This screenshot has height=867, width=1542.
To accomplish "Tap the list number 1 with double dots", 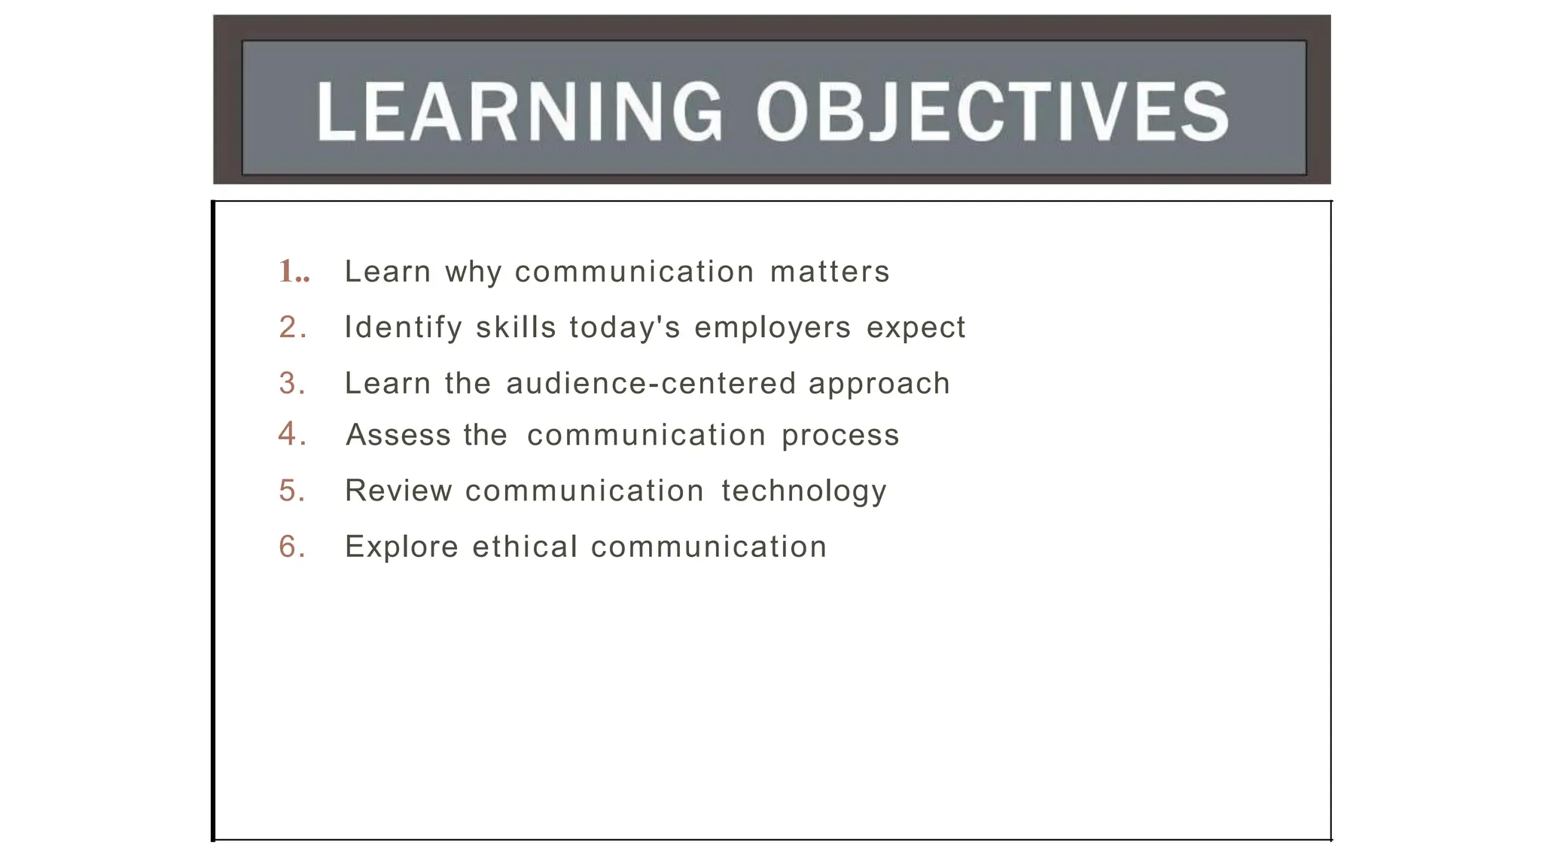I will click(294, 272).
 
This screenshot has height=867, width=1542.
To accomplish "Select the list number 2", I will click(292, 327).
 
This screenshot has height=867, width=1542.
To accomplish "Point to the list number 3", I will click(292, 383).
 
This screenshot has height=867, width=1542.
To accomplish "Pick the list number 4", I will click(292, 434).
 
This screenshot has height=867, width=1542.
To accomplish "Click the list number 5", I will click(292, 491).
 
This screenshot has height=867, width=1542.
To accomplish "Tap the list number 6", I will click(292, 546).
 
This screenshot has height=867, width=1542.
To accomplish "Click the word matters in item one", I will click(830, 272).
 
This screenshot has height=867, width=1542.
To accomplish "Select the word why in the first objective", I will click(473, 272).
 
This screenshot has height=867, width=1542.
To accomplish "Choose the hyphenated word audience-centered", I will click(651, 383).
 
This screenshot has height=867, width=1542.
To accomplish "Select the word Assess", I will click(398, 435).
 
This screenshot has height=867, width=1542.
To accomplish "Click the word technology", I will click(804, 491).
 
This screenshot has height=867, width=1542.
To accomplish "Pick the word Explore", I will click(401, 547).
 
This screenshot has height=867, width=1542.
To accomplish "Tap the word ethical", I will click(525, 546).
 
